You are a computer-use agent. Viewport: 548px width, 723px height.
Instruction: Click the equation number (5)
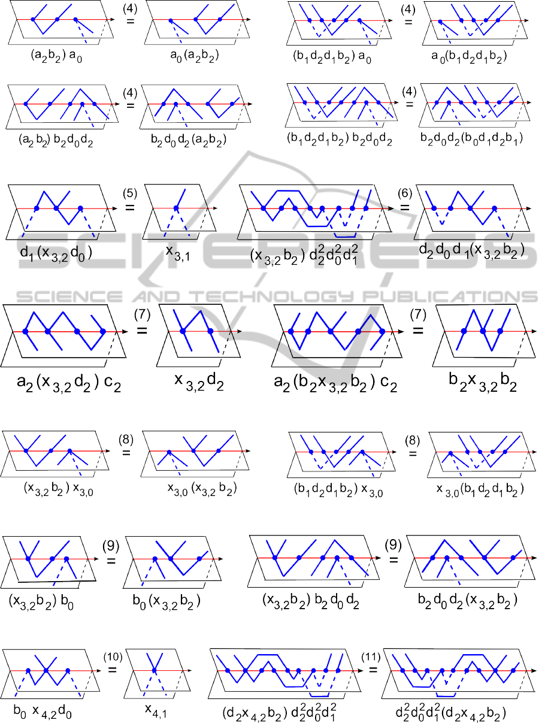(130, 194)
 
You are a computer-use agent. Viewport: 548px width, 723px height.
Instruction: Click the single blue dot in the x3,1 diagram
(176, 208)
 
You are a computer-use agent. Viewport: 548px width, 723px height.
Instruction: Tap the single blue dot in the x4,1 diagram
(155, 670)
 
